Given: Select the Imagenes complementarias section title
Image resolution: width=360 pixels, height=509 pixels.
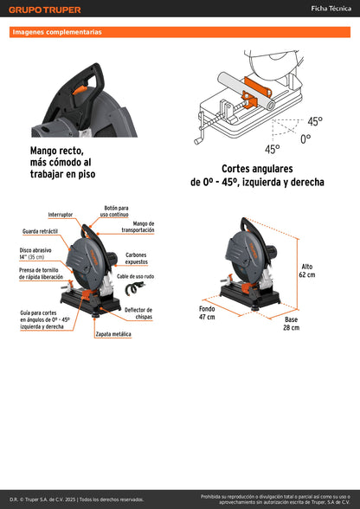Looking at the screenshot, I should coord(57,32).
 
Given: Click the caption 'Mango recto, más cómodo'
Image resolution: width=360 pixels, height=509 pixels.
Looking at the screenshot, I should coord(61,162).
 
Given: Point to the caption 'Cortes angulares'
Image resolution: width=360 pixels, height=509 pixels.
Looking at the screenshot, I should coord(257,176).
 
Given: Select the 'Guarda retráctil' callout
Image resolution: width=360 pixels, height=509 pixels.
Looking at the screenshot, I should coord(39,232).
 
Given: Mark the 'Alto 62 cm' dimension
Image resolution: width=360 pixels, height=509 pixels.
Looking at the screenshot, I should coord(307,270).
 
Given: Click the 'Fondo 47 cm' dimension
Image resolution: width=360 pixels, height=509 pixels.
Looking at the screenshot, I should coord(207,312).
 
